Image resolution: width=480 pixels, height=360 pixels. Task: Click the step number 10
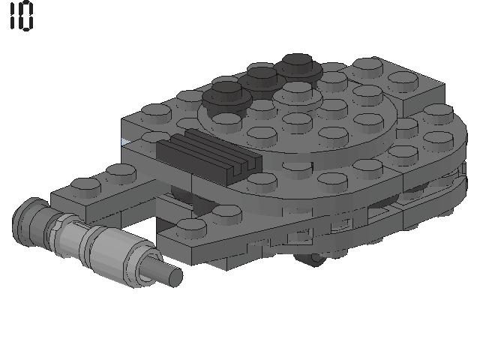[x=21, y=15]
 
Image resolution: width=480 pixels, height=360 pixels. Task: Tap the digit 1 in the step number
[x=12, y=15]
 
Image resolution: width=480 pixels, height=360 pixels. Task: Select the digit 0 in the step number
[x=26, y=16]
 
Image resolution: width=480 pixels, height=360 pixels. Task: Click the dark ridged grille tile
[x=209, y=156]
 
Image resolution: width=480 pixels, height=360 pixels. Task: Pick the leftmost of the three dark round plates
[x=226, y=98]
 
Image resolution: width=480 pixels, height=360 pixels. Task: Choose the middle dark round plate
[x=262, y=80]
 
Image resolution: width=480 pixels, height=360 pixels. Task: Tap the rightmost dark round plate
[x=298, y=67]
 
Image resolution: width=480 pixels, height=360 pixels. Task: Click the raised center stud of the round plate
[x=298, y=93]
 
